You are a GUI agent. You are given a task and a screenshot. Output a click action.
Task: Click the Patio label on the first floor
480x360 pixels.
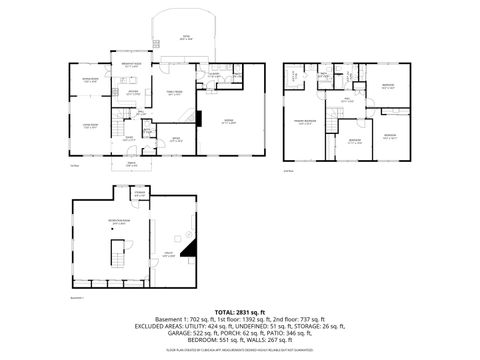184,37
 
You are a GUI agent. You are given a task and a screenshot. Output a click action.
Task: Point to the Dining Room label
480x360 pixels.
90,80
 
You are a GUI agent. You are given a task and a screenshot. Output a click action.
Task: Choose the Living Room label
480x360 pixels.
90,126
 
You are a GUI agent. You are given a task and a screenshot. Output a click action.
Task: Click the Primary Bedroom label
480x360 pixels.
303,122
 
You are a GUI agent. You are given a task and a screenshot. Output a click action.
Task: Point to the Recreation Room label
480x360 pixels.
117,223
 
